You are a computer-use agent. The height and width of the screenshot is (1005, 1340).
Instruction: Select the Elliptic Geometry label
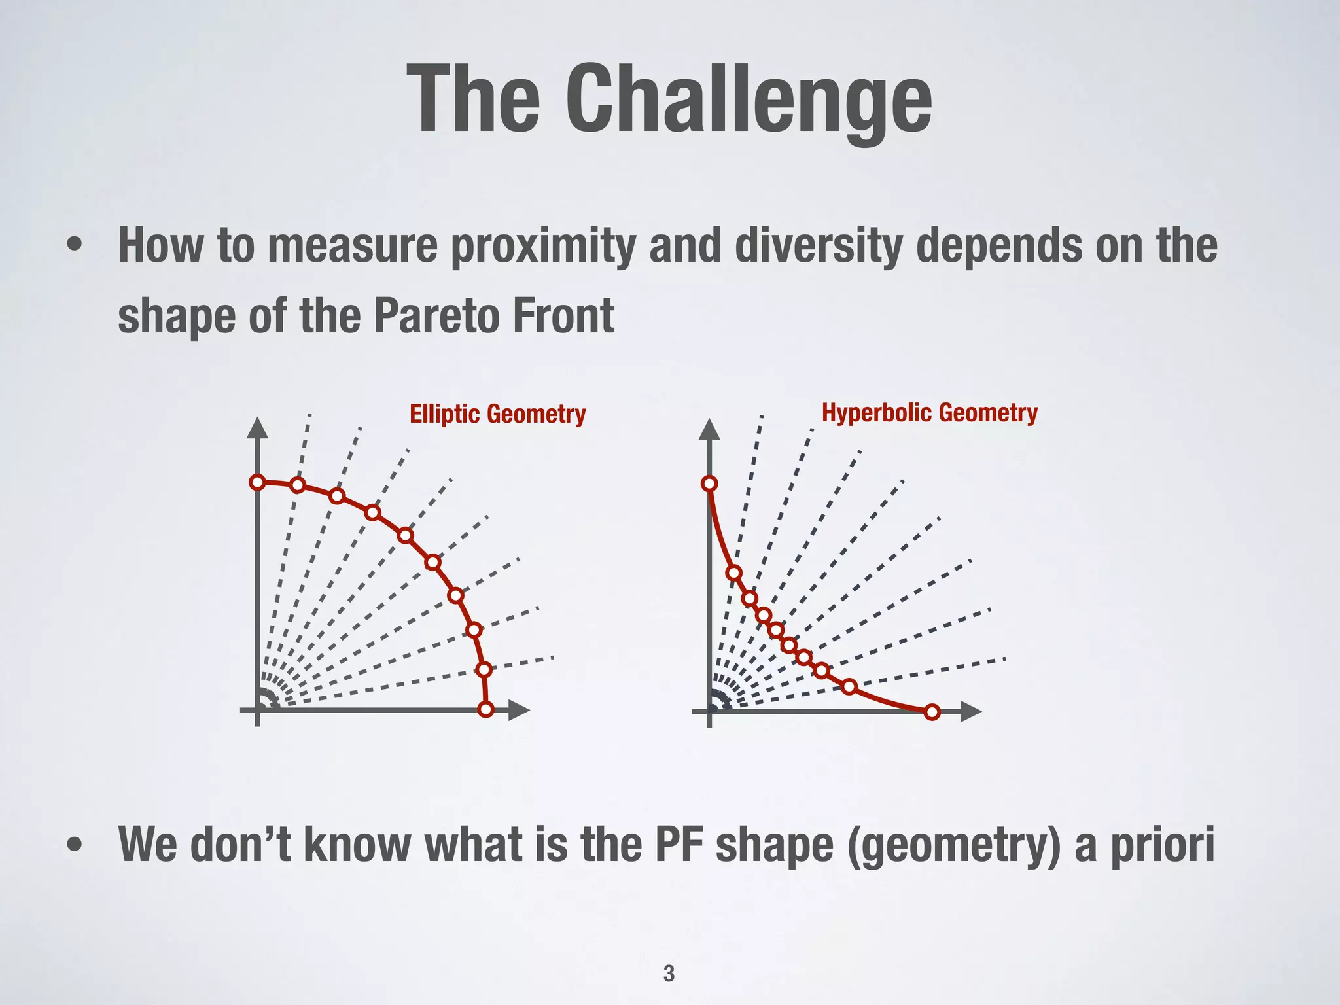[497, 414]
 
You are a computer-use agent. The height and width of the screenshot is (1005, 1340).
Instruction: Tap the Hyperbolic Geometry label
[929, 413]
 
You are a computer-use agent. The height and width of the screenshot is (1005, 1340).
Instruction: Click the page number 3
[669, 973]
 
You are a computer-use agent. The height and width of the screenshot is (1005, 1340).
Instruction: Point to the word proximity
[543, 247]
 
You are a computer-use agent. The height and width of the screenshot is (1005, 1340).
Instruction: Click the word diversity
[818, 247]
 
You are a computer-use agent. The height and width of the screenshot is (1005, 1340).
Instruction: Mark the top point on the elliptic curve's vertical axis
[258, 482]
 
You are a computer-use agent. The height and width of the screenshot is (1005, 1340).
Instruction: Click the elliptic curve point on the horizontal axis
[485, 709]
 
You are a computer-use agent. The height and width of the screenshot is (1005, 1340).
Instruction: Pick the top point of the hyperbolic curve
[709, 484]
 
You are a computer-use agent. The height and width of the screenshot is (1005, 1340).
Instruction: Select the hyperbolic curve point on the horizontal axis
[933, 712]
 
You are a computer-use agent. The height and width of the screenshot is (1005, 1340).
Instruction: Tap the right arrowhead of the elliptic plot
[519, 710]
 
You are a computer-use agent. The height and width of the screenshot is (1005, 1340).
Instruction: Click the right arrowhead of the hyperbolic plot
[971, 712]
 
